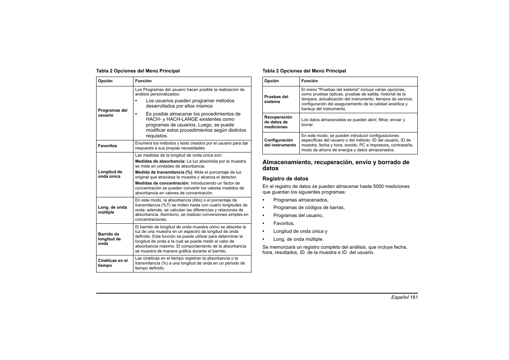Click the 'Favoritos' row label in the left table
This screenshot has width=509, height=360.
[107, 146]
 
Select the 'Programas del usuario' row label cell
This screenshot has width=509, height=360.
[112, 113]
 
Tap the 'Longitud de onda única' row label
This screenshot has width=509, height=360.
[110, 174]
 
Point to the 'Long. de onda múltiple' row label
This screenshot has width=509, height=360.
[112, 210]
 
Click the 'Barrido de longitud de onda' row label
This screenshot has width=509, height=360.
[109, 239]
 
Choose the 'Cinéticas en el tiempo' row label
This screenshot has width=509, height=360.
[112, 263]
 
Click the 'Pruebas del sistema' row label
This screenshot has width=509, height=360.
[276, 99]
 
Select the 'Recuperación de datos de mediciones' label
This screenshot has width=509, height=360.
[278, 122]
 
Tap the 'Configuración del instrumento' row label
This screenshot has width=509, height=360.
[280, 143]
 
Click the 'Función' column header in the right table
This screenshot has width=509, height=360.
[309, 81]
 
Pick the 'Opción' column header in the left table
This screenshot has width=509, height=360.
[105, 81]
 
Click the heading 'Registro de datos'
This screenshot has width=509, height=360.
[285, 179]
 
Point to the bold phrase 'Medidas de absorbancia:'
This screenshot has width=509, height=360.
[160, 162]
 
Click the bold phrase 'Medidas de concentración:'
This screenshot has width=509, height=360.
[162, 183]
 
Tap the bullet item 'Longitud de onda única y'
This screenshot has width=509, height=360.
[300, 231]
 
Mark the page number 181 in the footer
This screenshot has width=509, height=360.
[414, 297]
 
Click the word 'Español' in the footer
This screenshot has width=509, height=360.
[400, 297]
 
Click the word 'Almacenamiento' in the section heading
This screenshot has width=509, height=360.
[287, 162]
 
